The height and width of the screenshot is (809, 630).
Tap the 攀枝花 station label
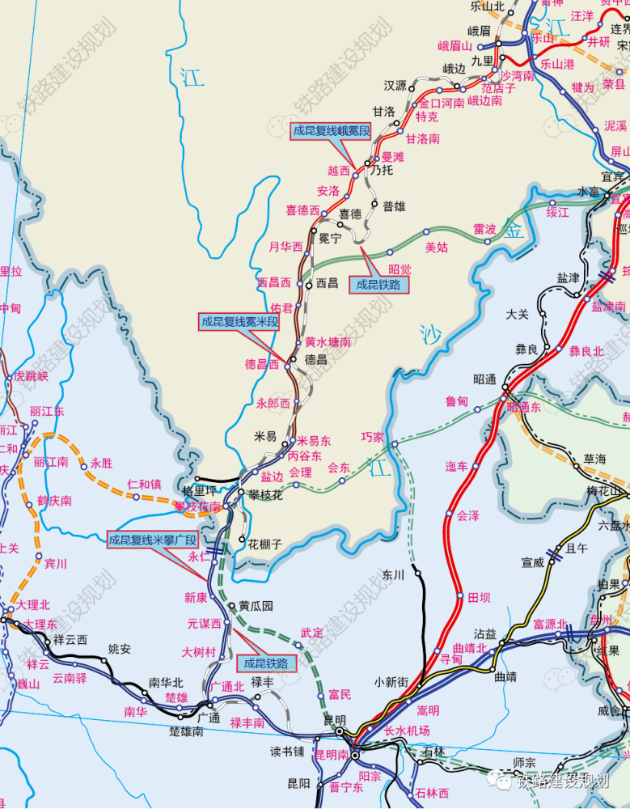(x=265, y=494)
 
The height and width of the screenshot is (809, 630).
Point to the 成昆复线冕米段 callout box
(x=239, y=321)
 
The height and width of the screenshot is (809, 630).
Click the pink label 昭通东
(x=524, y=408)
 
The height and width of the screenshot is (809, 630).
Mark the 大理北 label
(x=34, y=604)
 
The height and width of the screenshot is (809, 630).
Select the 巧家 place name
(x=372, y=437)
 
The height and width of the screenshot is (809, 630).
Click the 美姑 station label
(x=437, y=248)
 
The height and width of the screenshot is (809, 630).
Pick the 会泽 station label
(x=467, y=515)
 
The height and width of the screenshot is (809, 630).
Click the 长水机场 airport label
(x=407, y=731)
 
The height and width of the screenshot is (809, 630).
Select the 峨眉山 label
(x=454, y=46)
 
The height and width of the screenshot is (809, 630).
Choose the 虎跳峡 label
(x=32, y=376)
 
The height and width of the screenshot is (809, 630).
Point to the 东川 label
(x=393, y=575)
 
